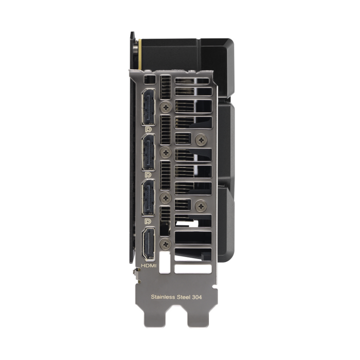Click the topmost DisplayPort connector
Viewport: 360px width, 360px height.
click(x=148, y=106)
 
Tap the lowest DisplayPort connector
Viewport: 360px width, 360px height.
click(x=148, y=199)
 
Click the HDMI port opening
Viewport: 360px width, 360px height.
click(x=148, y=244)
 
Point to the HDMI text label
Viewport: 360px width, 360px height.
click(x=149, y=266)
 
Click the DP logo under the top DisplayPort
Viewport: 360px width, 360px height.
click(x=148, y=130)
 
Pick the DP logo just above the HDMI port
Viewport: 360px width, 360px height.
click(x=148, y=221)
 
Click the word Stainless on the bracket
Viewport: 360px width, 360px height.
click(x=163, y=297)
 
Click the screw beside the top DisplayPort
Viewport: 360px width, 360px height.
click(x=166, y=107)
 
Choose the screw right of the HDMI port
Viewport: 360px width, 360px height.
click(x=166, y=244)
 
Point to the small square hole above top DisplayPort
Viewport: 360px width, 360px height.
click(x=150, y=80)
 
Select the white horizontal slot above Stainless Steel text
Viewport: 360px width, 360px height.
click(x=192, y=268)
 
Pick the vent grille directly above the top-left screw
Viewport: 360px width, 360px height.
click(x=166, y=87)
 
